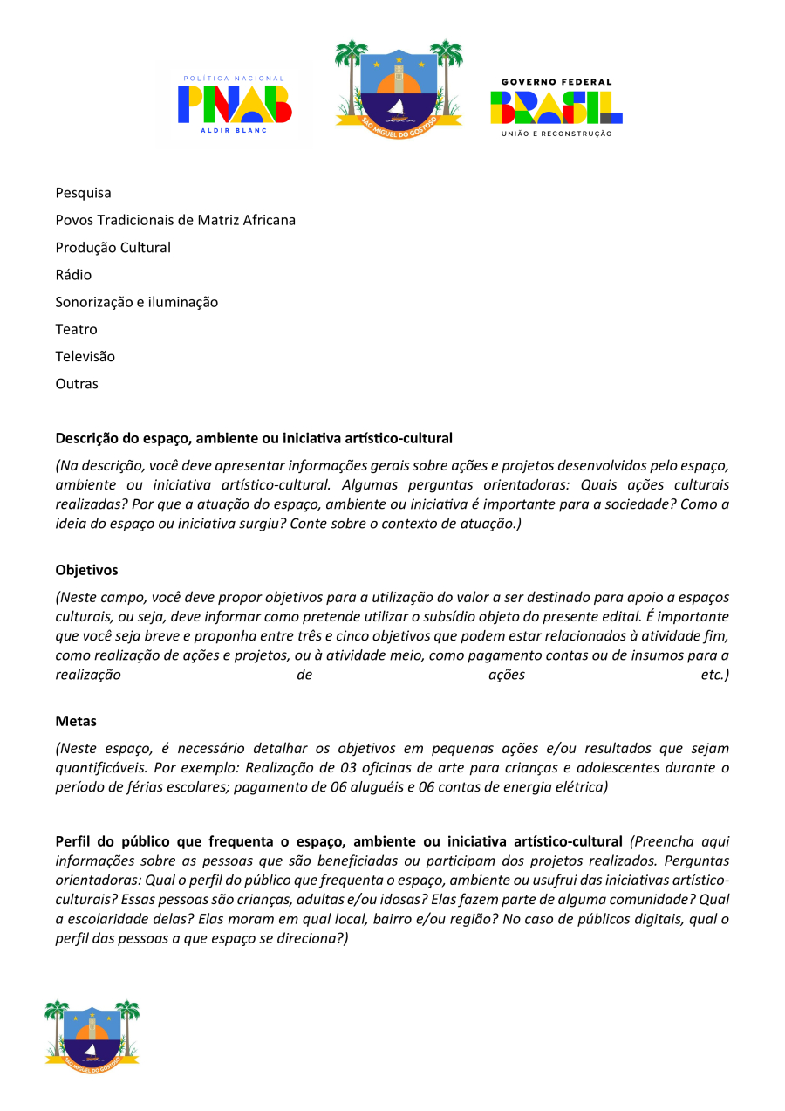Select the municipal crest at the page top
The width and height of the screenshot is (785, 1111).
(x=399, y=85)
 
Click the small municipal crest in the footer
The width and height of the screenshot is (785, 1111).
(x=92, y=1036)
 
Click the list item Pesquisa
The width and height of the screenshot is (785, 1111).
(x=84, y=193)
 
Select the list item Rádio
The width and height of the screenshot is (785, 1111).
(x=73, y=275)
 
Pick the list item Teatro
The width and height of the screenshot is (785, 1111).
(x=77, y=329)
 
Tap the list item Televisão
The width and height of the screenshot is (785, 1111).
(x=85, y=356)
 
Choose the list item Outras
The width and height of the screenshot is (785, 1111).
(x=78, y=384)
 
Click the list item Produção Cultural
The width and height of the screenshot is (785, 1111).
(x=113, y=248)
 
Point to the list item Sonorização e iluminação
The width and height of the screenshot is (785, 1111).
(x=137, y=302)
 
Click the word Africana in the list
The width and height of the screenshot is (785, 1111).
(x=268, y=220)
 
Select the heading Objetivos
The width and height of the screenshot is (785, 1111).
(x=86, y=570)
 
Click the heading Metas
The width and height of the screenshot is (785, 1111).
(x=76, y=722)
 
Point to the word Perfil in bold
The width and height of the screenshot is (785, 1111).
(x=73, y=842)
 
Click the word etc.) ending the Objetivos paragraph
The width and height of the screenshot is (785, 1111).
(x=714, y=676)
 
